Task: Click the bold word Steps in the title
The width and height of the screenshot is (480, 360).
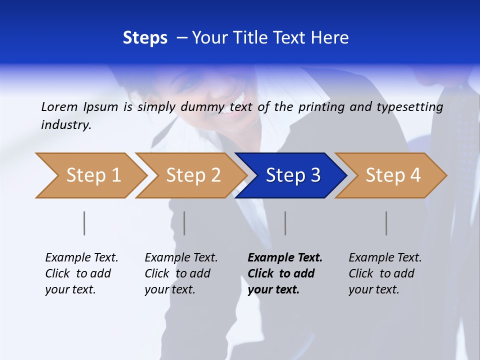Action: pos(145,38)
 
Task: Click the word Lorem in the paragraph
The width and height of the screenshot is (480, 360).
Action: pos(59,106)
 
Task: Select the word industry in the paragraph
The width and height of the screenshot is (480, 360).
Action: pos(66,124)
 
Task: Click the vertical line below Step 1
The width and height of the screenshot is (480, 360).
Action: pos(84,223)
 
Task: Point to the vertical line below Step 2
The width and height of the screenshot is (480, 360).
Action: pos(184,223)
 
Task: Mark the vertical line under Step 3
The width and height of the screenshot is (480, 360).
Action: pos(285,223)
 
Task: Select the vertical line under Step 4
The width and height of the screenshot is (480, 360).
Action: pos(386,223)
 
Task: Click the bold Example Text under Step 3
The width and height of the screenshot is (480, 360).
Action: pos(285,258)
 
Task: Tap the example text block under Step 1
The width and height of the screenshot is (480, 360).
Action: pos(81,273)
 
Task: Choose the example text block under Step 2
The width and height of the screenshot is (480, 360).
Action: pos(180,273)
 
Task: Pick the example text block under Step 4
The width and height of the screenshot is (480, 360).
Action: pos(384,273)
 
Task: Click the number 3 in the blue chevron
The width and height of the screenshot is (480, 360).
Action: pos(315,175)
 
